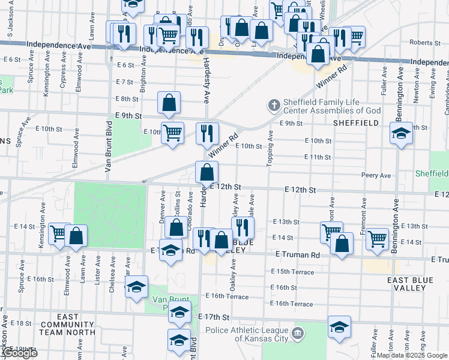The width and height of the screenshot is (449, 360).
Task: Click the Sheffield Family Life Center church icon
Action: point(274,106)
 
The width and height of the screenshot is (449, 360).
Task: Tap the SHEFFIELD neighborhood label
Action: point(357,122)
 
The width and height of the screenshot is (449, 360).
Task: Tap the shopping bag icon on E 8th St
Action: point(169,103)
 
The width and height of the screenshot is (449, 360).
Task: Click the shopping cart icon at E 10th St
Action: point(172,132)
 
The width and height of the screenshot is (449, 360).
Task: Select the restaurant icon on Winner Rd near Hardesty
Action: point(207,133)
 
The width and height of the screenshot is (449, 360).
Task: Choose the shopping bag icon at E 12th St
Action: point(206,172)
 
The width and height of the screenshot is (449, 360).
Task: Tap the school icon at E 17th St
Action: point(179,312)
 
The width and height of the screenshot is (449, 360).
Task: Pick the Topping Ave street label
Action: point(270,151)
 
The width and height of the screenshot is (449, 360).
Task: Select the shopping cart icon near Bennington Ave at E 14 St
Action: point(377,238)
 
